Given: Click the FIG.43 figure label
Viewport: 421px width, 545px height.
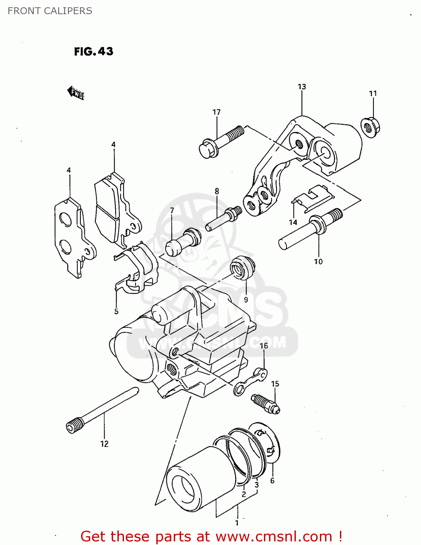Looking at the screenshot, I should [93, 51].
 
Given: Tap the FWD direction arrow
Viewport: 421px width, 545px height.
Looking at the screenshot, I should [76, 93].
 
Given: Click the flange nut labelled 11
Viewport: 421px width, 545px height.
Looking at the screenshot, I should [370, 127].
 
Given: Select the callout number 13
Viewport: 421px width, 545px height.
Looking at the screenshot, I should [302, 87].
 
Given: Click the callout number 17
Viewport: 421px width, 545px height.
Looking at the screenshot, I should [216, 112].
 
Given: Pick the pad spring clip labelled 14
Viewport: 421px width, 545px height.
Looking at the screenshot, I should [313, 198].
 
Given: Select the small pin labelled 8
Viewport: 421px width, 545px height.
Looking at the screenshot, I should [222, 219].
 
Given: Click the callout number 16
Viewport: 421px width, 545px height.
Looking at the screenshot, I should [264, 346].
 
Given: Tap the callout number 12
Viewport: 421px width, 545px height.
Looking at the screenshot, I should [104, 444].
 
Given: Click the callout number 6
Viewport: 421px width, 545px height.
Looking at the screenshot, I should [272, 481].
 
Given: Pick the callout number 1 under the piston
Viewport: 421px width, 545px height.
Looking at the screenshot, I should [237, 523].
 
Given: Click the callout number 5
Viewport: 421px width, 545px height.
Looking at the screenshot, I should [116, 311].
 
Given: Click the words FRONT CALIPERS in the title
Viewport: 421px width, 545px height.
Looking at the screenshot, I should [50, 11].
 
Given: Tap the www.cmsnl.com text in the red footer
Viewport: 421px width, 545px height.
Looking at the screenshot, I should [274, 536].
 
